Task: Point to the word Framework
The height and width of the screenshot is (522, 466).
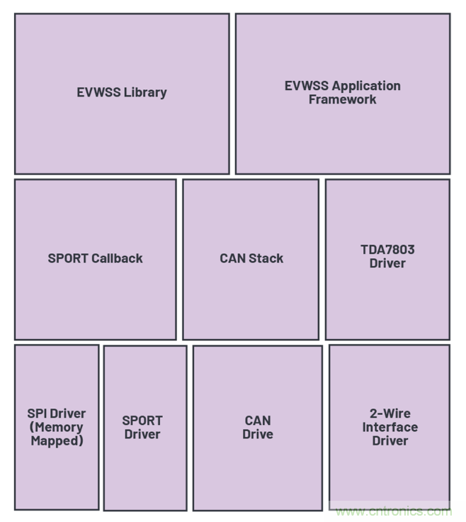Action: click(x=343, y=99)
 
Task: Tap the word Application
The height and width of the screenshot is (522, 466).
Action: click(x=366, y=86)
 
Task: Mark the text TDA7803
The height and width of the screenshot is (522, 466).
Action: click(x=387, y=250)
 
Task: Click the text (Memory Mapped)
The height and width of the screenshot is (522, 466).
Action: click(x=57, y=434)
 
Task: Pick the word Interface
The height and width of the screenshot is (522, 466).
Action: click(x=390, y=427)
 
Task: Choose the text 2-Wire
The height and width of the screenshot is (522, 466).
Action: click(x=390, y=413)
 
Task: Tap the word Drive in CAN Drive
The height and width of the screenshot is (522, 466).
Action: click(x=258, y=434)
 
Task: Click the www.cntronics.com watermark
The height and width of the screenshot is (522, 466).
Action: click(x=393, y=511)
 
